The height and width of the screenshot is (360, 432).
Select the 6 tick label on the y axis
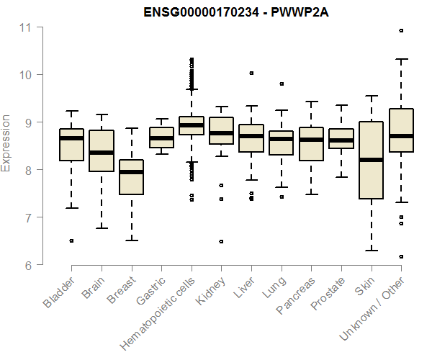29,265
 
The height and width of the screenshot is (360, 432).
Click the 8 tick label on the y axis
29,170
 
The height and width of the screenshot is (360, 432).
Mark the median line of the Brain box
101,153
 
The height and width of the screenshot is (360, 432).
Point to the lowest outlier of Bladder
71,240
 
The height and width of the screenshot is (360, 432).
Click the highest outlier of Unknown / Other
401,30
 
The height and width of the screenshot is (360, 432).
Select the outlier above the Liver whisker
251,73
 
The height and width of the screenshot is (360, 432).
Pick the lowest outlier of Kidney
221,241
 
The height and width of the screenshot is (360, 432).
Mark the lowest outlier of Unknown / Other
401,256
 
